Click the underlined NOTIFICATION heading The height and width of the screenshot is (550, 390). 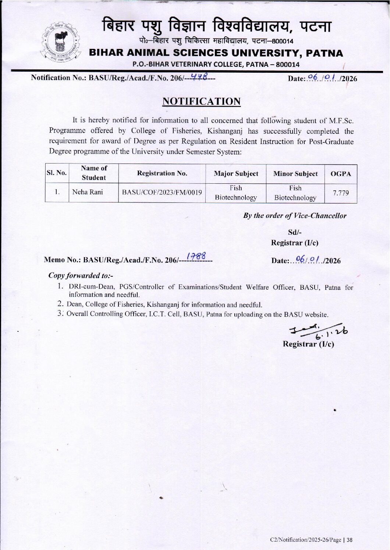click(202, 101)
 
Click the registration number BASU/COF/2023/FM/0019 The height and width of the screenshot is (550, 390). click(162, 192)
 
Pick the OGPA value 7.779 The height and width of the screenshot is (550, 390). click(341, 193)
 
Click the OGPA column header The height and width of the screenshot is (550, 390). click(341, 174)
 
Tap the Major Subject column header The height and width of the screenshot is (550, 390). click(236, 174)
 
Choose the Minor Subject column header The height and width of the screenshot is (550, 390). click(295, 174)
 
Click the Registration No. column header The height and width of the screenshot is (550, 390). click(162, 173)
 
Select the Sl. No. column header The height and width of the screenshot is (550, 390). click(56, 173)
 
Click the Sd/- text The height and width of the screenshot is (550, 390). click(295, 233)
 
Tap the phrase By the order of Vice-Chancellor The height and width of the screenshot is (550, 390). click(295, 216)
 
